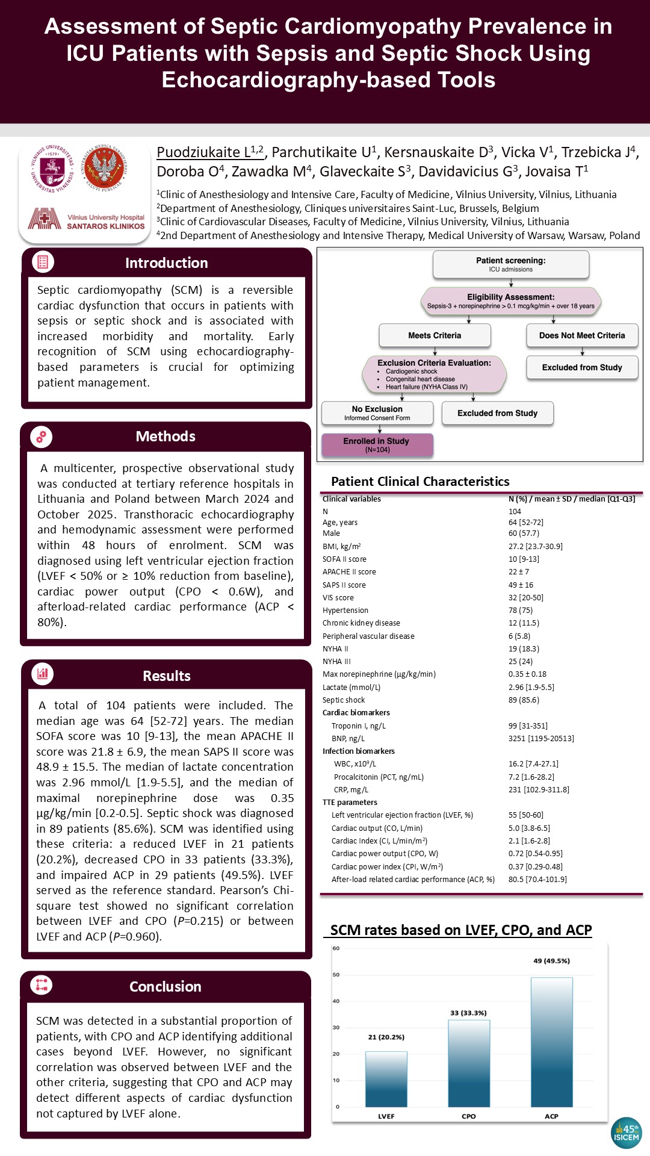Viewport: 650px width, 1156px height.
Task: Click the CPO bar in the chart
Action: tap(469, 1063)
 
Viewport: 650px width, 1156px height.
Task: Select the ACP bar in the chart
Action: tap(551, 1042)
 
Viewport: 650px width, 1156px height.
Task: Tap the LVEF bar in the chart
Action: tap(386, 1079)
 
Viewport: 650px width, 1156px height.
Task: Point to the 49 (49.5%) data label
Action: tap(551, 961)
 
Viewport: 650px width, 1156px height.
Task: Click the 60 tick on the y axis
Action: tap(336, 948)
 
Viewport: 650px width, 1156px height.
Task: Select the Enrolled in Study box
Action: tap(377, 445)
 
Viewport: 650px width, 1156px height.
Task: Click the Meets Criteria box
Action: tap(435, 335)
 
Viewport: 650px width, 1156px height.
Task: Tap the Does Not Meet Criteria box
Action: tap(582, 335)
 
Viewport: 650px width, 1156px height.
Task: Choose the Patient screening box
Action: tap(511, 264)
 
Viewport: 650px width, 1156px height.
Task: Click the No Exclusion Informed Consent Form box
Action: tap(377, 413)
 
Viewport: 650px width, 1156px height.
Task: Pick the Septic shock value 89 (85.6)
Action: tap(524, 700)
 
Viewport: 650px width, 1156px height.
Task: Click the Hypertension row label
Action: tap(345, 610)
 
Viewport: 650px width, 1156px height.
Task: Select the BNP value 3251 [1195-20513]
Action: tap(541, 738)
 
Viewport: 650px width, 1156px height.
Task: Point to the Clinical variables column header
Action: tap(351, 499)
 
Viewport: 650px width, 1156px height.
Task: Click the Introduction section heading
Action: tap(167, 263)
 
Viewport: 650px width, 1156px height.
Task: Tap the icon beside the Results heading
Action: tap(43, 674)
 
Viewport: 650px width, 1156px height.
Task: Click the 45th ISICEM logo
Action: tap(626, 1133)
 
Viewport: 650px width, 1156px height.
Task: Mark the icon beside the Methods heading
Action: tap(42, 437)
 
